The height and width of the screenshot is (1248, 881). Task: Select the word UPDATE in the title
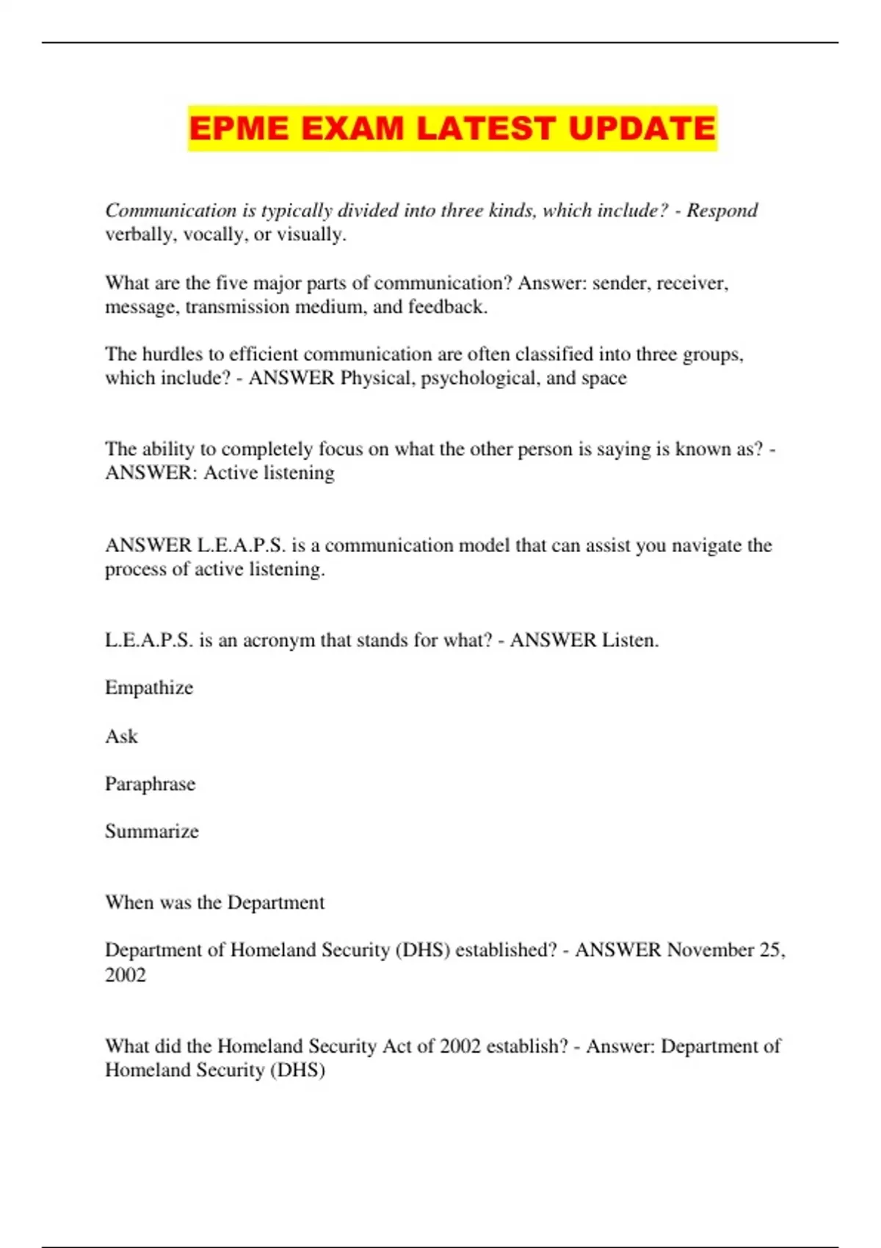tap(642, 128)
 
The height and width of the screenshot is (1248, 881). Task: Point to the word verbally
tap(138, 235)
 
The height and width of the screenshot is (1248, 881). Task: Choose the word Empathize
tap(149, 688)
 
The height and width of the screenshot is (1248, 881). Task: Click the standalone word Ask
tap(121, 736)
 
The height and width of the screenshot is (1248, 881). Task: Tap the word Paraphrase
tap(150, 784)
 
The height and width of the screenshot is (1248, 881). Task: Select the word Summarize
tap(152, 832)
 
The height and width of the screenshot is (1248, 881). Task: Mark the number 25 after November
tap(771, 950)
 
